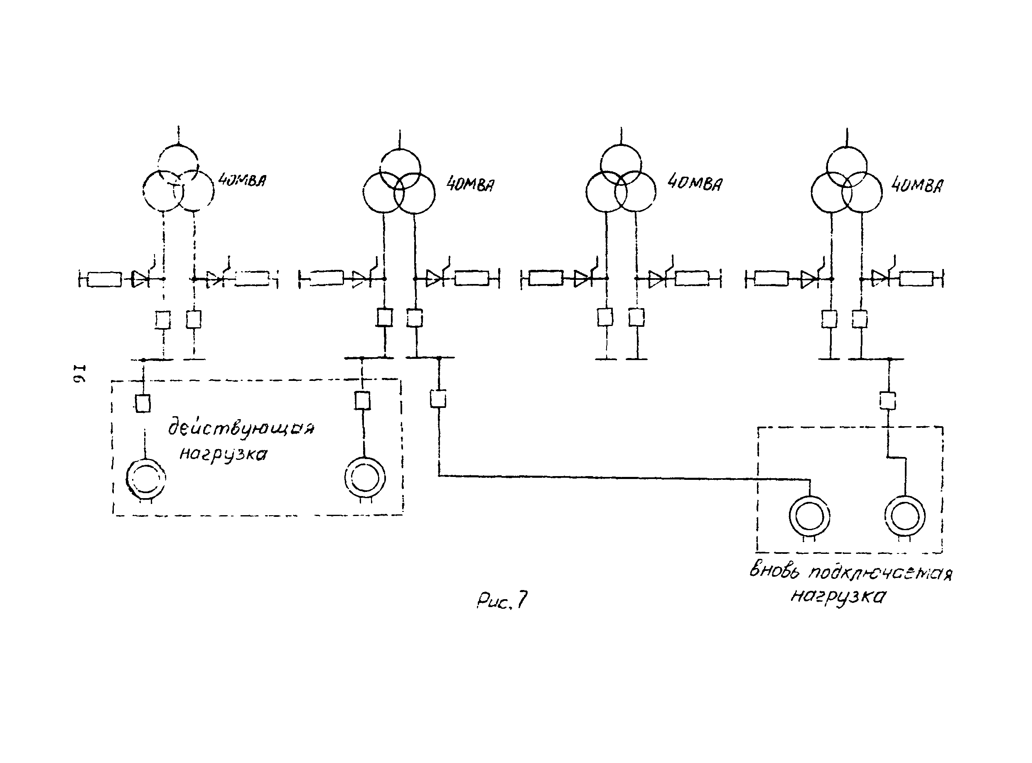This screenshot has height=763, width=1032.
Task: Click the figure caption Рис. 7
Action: [502, 601]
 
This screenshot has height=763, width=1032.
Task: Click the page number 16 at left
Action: [80, 375]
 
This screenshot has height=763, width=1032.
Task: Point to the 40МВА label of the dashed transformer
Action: [242, 180]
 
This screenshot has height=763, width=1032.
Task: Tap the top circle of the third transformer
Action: [621, 165]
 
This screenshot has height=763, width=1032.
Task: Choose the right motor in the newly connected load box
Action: [904, 516]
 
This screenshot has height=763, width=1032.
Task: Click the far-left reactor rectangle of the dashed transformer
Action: [105, 279]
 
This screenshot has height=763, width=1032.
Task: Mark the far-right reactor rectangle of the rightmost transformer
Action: [916, 279]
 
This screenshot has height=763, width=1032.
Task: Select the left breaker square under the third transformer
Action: [605, 317]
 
